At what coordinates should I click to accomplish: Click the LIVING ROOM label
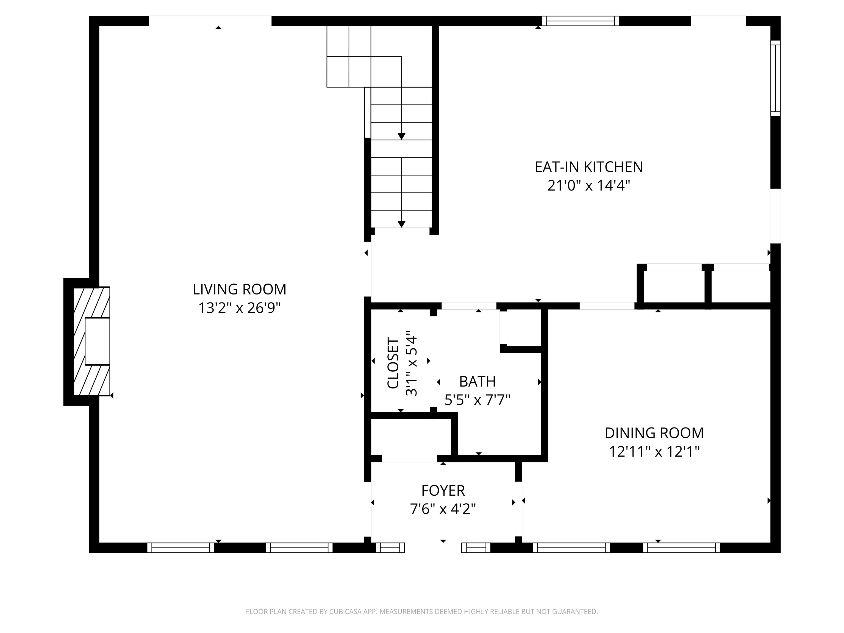239,289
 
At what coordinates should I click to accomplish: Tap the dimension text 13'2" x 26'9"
239,307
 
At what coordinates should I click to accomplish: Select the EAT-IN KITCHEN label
588,167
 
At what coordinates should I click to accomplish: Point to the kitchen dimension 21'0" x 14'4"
588,186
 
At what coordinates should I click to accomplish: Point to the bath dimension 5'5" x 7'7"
477,400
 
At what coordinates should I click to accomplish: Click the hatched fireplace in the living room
91,341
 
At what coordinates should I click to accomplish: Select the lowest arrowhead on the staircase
401,224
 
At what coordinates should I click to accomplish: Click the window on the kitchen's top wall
580,21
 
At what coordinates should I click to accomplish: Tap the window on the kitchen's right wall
775,78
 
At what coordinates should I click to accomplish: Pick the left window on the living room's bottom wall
181,548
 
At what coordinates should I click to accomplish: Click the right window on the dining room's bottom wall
681,548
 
